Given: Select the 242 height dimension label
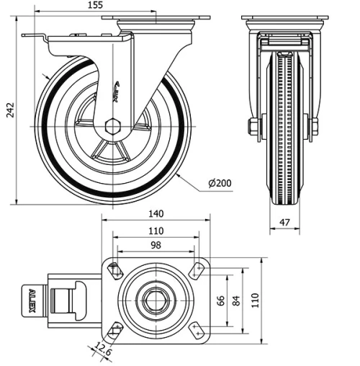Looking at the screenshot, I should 9,110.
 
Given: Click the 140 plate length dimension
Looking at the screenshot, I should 156,213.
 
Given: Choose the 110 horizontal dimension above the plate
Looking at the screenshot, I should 155,231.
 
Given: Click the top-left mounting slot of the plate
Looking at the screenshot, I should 114,271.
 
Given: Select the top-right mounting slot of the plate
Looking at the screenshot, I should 197,270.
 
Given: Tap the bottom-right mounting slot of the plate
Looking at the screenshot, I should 197,331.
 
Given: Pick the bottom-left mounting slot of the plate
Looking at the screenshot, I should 114,331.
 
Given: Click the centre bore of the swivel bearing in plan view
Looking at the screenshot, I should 155,300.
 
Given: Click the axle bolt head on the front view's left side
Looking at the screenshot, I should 253,128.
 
